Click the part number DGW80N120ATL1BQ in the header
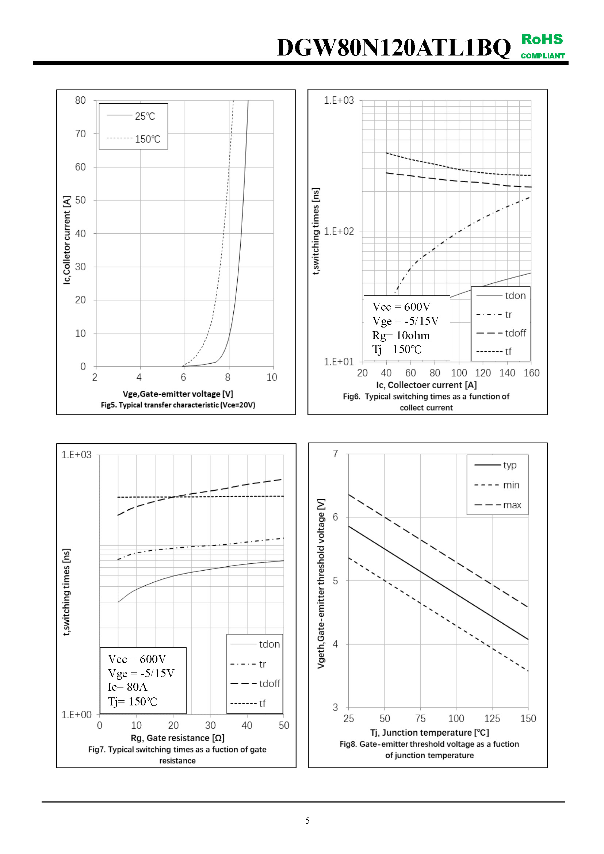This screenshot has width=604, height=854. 394,48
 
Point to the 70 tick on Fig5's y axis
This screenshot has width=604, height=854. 80,134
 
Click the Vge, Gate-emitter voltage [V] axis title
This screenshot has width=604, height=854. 178,394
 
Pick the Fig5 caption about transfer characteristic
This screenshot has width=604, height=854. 178,405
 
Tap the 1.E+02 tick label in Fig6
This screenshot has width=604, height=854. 339,231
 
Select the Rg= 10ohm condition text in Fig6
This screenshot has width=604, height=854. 401,336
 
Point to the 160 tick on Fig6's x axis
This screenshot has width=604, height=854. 531,373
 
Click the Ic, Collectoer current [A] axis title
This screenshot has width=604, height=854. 426,385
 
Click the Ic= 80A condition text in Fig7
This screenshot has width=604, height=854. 127,687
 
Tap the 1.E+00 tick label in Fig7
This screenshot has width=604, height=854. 76,715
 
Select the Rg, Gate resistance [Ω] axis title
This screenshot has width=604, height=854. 177,738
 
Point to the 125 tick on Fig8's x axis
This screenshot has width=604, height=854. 492,719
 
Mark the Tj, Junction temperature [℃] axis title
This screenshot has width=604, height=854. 429,733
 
